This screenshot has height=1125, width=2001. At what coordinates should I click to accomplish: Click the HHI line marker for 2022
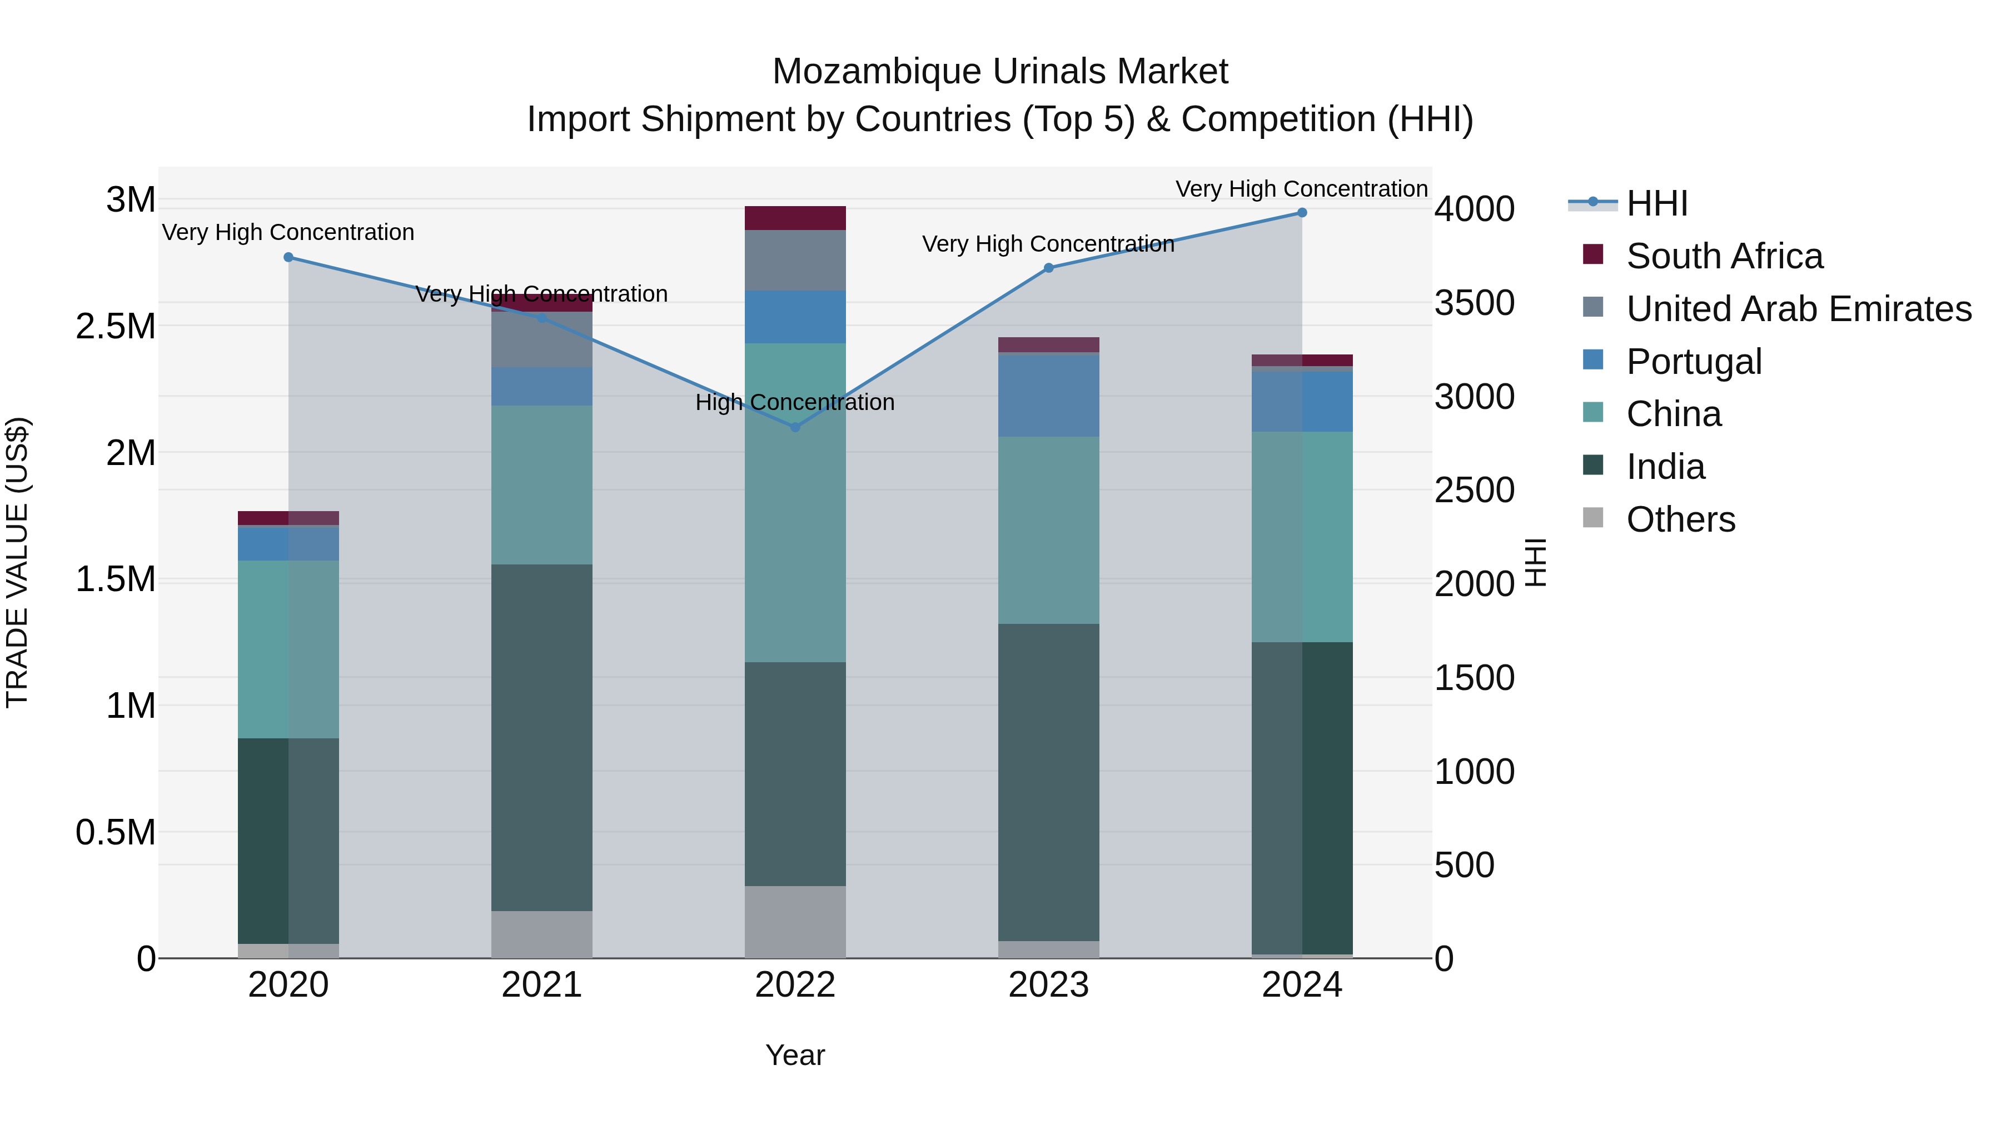[x=795, y=427]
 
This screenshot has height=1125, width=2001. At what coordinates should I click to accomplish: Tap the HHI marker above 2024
[x=1302, y=213]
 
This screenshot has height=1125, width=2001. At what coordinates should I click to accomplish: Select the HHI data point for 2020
[x=288, y=257]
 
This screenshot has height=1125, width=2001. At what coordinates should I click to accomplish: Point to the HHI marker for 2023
[x=1049, y=268]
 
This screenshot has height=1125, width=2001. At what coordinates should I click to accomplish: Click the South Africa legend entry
[x=1724, y=256]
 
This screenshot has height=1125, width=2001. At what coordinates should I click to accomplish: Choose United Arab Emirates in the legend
[x=1798, y=309]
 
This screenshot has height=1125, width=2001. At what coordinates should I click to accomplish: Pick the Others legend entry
[x=1680, y=519]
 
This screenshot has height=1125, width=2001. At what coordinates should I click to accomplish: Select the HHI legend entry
[x=1656, y=203]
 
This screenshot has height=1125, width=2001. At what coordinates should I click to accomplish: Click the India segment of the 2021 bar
[x=541, y=738]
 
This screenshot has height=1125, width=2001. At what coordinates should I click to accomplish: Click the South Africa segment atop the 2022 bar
[x=795, y=218]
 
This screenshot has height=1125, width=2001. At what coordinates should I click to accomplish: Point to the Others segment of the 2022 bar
[x=795, y=922]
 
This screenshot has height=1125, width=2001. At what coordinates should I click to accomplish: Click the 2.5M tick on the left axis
[x=116, y=327]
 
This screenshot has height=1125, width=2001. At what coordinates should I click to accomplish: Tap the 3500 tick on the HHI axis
[x=1474, y=303]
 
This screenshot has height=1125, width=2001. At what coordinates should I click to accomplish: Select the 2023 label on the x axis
[x=1049, y=985]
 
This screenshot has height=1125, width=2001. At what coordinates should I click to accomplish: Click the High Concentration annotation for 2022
[x=795, y=402]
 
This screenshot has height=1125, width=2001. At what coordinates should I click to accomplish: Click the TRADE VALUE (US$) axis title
[x=18, y=562]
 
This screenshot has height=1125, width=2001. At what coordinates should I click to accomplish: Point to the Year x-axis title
[x=795, y=1055]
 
